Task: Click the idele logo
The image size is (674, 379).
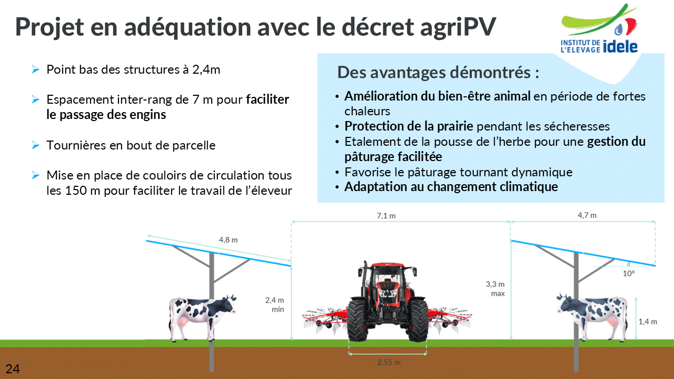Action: pos(599,28)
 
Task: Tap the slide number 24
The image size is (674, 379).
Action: pos(13,369)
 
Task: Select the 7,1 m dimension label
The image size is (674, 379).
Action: pos(386,216)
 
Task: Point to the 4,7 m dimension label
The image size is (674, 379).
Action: pos(587,215)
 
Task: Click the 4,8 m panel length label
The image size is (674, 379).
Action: pos(228,240)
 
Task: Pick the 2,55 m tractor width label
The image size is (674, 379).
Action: pos(389,362)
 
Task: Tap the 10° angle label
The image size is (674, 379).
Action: pos(629,273)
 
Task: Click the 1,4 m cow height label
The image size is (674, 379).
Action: pos(648,322)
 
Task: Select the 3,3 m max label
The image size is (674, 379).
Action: pos(495,289)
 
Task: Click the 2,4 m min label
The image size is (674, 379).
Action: pos(274,304)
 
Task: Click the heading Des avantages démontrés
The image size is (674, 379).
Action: pos(438,73)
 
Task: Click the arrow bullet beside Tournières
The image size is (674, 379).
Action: pos(35,145)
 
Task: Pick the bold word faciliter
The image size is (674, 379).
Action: pos(267,99)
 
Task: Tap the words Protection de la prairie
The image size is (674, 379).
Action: pos(409,126)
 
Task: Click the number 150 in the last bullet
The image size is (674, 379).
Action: pos(76,191)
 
